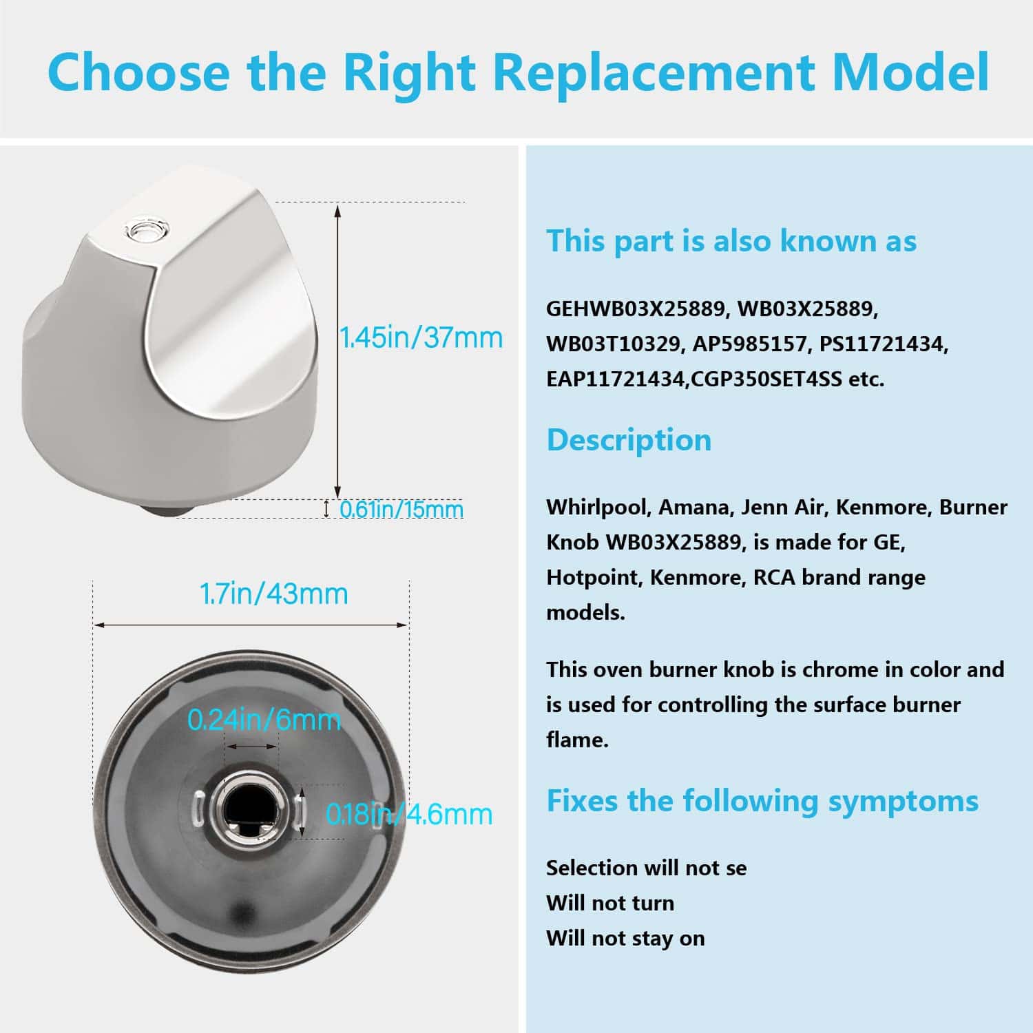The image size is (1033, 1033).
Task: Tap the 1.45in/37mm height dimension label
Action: (421, 338)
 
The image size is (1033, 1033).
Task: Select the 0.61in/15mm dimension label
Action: (401, 510)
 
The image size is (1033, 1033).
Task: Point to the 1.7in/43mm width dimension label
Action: (273, 594)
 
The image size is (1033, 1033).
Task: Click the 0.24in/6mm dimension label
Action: (264, 720)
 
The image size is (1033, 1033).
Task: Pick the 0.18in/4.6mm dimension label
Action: (409, 815)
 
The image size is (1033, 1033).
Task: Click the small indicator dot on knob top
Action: (145, 229)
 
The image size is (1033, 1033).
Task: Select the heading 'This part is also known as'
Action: (731, 241)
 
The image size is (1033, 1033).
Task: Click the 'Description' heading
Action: (629, 440)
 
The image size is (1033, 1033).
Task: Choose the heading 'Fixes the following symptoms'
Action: (762, 801)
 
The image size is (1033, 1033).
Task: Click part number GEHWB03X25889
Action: (637, 309)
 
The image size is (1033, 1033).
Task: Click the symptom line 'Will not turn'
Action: (610, 903)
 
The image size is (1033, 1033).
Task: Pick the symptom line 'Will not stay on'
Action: (625, 939)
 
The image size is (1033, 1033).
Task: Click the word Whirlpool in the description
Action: (597, 508)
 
